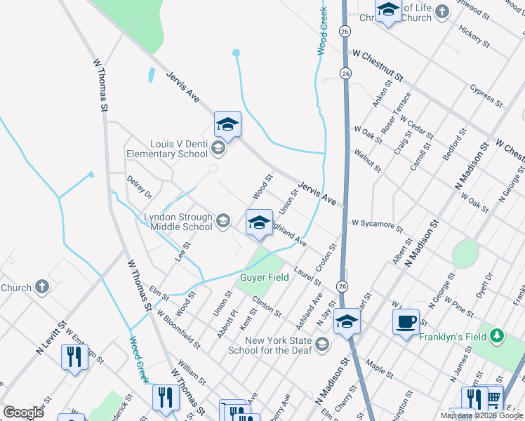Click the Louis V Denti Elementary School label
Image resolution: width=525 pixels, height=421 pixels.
click(167, 148)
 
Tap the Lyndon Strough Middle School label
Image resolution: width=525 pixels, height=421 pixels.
click(178, 222)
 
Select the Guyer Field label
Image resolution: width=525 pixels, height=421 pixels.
click(265, 277)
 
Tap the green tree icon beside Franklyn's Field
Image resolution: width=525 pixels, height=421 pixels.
click(497, 336)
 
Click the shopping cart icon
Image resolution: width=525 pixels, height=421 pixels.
click(493, 399)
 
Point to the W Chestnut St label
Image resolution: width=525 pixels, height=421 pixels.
click(378, 65)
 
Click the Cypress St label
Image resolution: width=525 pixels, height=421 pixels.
click(487, 97)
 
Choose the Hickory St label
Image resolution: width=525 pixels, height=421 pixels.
click(473, 39)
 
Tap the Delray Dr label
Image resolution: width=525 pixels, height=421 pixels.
click(139, 187)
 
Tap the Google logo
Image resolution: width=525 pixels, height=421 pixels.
click(23, 412)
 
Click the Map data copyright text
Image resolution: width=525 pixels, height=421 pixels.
click(481, 415)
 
